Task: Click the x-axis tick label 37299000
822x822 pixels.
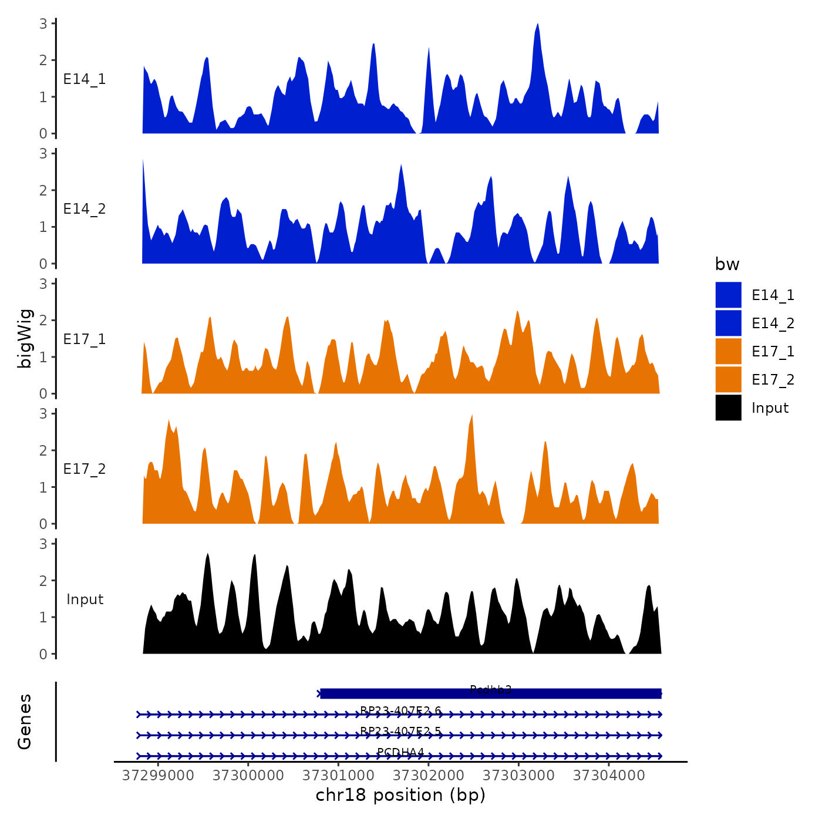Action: click(158, 776)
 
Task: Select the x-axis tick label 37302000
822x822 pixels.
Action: click(429, 776)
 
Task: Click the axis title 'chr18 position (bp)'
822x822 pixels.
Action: click(400, 795)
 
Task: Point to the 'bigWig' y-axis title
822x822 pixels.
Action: click(25, 339)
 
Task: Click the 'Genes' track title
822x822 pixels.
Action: click(25, 722)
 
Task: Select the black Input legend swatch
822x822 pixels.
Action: click(728, 408)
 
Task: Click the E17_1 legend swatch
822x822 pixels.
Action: click(728, 352)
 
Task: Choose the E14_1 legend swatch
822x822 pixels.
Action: click(728, 295)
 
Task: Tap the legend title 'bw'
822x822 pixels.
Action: click(727, 265)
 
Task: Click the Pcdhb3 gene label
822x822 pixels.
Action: click(491, 689)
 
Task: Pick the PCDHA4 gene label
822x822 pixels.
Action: click(400, 752)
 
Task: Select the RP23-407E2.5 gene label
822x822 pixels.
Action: click(400, 731)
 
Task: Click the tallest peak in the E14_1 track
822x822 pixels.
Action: click(537, 25)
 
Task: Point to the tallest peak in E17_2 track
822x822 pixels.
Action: click(471, 416)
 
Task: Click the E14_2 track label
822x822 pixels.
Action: click(85, 209)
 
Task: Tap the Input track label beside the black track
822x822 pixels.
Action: click(85, 599)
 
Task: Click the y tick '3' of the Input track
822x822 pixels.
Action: click(43, 544)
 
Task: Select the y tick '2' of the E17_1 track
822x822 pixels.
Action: click(43, 321)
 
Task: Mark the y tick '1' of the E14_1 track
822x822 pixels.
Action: click(43, 97)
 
